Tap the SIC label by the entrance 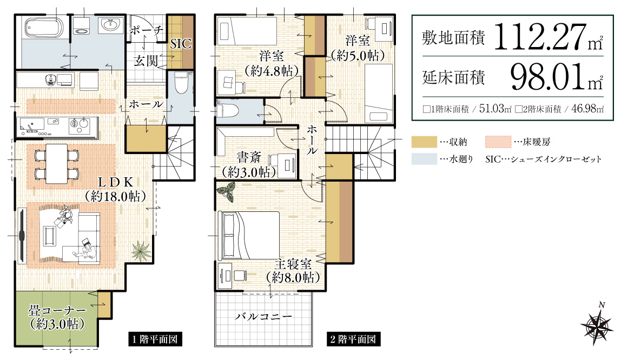[181, 44]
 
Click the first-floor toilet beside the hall [180, 83]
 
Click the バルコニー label [263, 317]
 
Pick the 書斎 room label [249, 158]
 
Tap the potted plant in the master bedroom [225, 191]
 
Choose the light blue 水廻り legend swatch [424, 159]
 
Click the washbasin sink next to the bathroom [110, 25]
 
